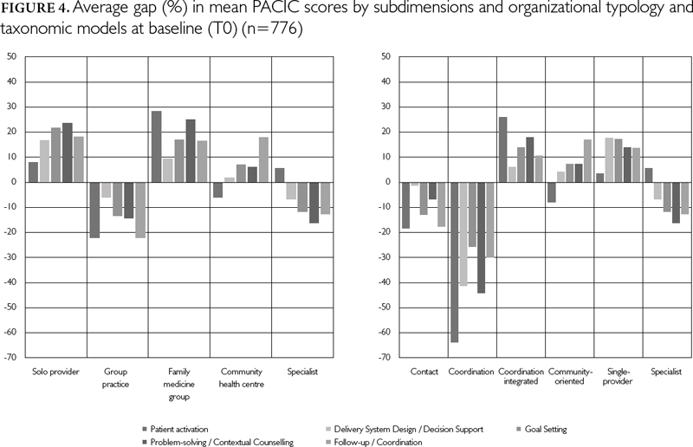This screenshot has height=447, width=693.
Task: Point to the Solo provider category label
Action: [55, 372]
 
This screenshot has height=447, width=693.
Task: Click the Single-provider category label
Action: [618, 379]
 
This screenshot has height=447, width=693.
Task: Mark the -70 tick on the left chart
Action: [12, 358]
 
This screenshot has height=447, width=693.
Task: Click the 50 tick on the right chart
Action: [387, 57]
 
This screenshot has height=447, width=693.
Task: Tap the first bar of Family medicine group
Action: [157, 146]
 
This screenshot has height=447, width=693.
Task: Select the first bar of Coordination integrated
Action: [502, 149]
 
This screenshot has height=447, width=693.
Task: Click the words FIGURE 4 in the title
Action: [29, 12]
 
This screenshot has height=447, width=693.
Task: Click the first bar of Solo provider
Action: [34, 172]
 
